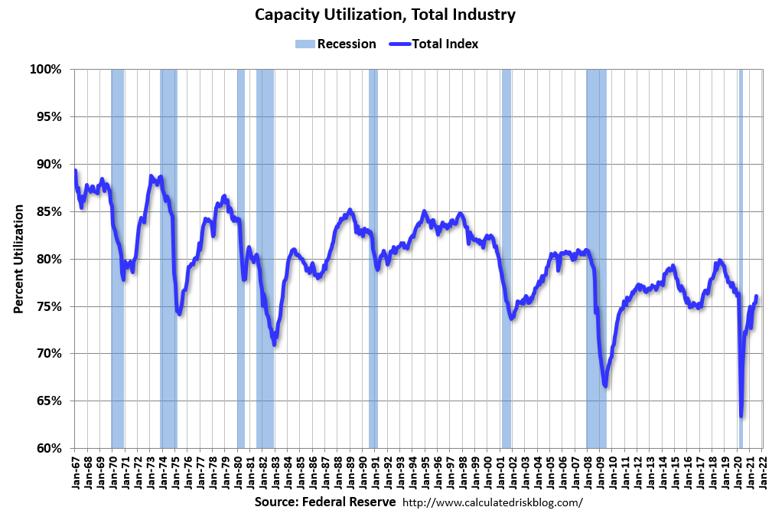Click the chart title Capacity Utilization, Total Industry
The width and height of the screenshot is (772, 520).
pyautogui.click(x=386, y=15)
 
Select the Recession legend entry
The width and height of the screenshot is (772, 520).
pyautogui.click(x=336, y=44)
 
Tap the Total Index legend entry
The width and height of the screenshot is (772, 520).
pyautogui.click(x=434, y=44)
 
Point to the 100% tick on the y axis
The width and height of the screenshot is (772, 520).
pyautogui.click(x=46, y=70)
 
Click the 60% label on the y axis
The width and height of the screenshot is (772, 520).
pyautogui.click(x=47, y=448)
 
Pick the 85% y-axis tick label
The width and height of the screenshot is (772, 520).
pyautogui.click(x=47, y=211)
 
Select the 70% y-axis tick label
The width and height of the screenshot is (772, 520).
pyautogui.click(x=47, y=354)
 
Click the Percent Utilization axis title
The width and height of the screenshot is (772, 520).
pyautogui.click(x=18, y=259)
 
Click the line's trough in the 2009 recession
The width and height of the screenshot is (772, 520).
pyautogui.click(x=605, y=385)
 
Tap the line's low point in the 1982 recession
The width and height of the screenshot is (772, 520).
pyautogui.click(x=273, y=343)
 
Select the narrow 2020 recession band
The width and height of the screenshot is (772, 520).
pyautogui.click(x=740, y=230)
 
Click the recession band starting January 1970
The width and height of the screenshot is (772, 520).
pyautogui.click(x=117, y=230)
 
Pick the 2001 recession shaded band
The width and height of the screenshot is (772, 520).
pyautogui.click(x=506, y=230)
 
